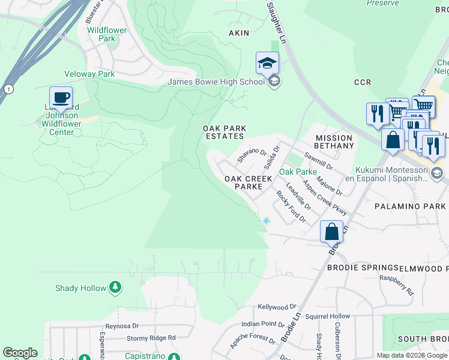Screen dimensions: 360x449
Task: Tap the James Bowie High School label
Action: (215, 82)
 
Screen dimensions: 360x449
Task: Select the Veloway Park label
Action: (89, 74)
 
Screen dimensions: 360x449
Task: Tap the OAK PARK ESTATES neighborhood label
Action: (224, 132)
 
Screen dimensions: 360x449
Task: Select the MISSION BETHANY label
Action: (334, 142)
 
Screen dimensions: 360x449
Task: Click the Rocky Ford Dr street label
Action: (291, 206)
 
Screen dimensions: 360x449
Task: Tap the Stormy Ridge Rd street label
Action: (151, 338)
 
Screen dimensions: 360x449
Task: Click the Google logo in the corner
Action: (20, 353)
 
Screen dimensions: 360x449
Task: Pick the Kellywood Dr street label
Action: (277, 307)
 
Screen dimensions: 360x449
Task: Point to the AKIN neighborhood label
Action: (238, 33)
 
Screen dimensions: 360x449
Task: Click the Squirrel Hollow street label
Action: (327, 316)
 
